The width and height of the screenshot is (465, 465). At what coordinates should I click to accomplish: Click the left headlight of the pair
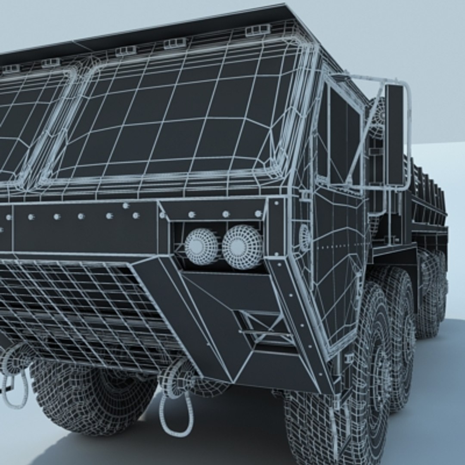[201, 246]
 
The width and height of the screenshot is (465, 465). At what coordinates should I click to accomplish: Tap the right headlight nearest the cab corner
[242, 247]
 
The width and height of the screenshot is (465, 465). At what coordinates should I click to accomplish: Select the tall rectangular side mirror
[394, 134]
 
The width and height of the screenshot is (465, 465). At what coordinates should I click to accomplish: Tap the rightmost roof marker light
[257, 30]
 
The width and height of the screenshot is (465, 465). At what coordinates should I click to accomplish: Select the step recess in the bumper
[258, 327]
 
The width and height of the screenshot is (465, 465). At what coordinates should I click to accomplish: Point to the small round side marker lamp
[304, 238]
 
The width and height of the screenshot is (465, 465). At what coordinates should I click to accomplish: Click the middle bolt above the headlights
[226, 214]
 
